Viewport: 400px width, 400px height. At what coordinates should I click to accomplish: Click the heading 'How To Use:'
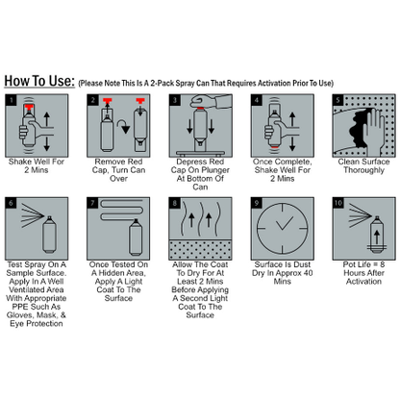point(38,80)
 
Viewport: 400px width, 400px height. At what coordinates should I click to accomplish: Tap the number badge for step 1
point(11,99)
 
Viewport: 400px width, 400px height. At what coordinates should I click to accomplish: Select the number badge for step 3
point(174,99)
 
